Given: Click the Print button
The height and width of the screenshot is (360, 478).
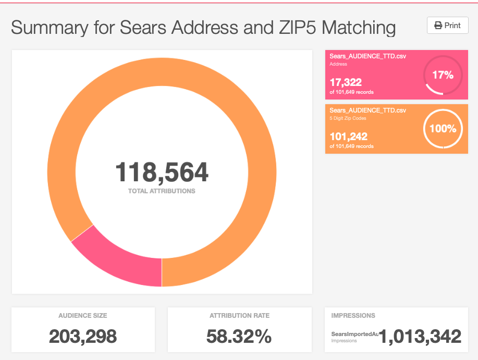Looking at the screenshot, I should pos(447,26).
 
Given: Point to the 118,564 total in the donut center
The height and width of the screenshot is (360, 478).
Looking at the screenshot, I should pos(162,172).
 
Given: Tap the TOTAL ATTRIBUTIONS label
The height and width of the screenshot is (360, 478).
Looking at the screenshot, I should pos(162,191).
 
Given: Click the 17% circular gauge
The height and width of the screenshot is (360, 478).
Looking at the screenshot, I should pos(443,75).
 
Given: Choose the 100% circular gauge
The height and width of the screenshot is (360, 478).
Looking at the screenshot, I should pos(443,129).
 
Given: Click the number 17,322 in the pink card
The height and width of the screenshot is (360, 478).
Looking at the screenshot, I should pos(345,82).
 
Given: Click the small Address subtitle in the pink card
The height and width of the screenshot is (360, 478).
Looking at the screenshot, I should pos(338,65).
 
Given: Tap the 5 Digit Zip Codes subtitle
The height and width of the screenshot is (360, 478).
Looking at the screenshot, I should pos(348,118).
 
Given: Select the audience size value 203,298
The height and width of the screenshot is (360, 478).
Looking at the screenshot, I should pos(83,337).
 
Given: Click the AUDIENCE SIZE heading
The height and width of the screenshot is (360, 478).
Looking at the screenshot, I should pos(83,315).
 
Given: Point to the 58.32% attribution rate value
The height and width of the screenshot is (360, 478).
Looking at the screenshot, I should pos(239,337).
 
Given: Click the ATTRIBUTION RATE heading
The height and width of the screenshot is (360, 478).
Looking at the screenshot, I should pos(239,315).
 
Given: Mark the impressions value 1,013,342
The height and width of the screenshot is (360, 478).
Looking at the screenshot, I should pos(420,337).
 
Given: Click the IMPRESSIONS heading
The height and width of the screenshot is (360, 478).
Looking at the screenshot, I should pos(353,315).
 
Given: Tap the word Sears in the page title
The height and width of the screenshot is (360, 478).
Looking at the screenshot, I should pos(143,27).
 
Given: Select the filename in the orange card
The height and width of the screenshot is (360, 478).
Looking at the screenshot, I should pos(367,110).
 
